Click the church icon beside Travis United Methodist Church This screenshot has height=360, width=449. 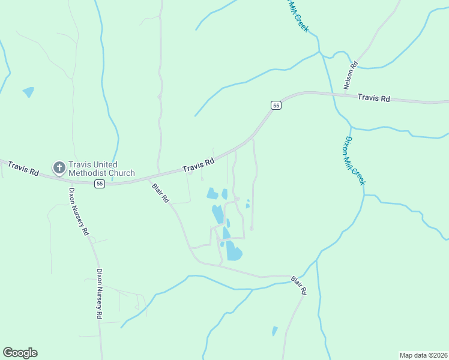59,168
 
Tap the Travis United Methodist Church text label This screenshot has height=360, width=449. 101,169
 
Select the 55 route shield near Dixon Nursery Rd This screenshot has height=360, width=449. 100,184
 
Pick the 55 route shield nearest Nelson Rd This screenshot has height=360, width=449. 276,105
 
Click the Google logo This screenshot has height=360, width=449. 20,353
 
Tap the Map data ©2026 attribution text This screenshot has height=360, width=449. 424,355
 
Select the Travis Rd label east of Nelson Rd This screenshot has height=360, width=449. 373,98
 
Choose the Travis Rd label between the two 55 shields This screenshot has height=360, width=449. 199,164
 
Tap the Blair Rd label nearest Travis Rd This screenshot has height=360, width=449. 161,193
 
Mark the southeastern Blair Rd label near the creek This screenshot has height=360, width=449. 299,285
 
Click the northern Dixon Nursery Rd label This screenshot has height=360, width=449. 79,211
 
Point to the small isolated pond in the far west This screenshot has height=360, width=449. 28,92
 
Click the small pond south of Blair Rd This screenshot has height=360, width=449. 275,331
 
